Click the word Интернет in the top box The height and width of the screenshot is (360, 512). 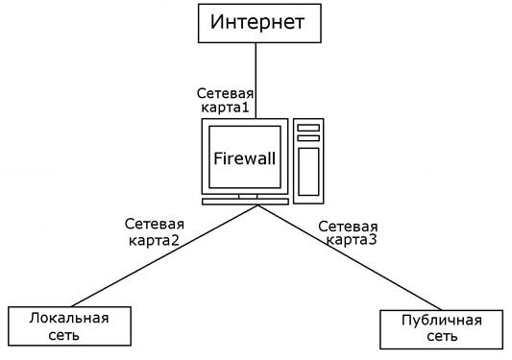pyautogui.click(x=256, y=21)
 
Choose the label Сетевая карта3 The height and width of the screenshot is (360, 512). pyautogui.click(x=348, y=233)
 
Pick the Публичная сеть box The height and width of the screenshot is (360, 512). pyautogui.click(x=441, y=329)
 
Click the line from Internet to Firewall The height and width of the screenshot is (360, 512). pyautogui.click(x=256, y=77)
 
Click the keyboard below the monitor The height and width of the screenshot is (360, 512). pyautogui.click(x=244, y=201)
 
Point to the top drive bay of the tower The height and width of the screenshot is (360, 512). pyautogui.click(x=308, y=127)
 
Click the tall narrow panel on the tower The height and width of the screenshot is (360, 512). pyautogui.click(x=308, y=172)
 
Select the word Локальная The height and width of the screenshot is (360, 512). pyautogui.click(x=68, y=318)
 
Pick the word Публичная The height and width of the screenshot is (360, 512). pyautogui.click(x=442, y=321)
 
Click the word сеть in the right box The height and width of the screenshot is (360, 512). pyautogui.click(x=441, y=338)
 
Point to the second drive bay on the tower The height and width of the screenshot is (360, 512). pyautogui.click(x=308, y=138)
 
